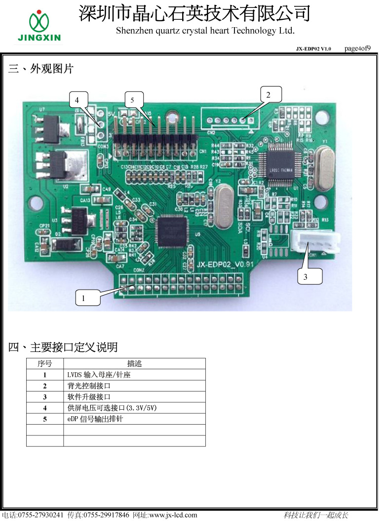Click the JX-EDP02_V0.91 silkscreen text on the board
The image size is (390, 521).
coord(225,264)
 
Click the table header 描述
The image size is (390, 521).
coord(134,364)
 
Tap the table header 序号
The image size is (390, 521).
coord(45,364)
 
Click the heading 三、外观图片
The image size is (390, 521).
coord(41,69)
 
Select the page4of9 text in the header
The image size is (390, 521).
coord(357,48)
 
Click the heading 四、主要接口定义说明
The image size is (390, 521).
coord(63,347)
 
